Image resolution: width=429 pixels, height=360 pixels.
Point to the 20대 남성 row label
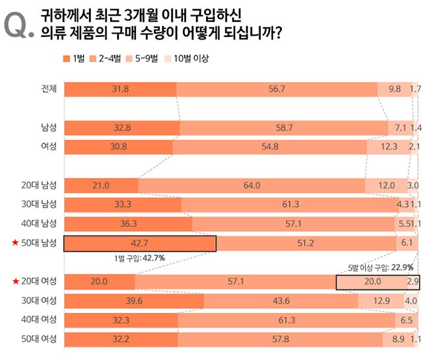click(x=39, y=186)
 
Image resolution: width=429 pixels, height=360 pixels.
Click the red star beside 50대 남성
click(x=15, y=244)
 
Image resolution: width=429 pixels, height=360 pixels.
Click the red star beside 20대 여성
click(x=15, y=282)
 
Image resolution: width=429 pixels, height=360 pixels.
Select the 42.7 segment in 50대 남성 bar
click(x=140, y=244)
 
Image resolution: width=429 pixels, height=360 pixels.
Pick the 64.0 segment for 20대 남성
click(x=252, y=186)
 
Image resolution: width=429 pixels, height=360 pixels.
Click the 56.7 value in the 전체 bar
click(x=277, y=89)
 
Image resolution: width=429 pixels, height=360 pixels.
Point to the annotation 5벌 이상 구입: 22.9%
click(x=381, y=268)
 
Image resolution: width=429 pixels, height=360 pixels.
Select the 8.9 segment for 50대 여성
click(x=397, y=340)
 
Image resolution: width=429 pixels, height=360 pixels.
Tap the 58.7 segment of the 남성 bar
click(x=284, y=127)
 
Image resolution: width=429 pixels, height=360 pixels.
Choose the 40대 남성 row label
click(x=39, y=224)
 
